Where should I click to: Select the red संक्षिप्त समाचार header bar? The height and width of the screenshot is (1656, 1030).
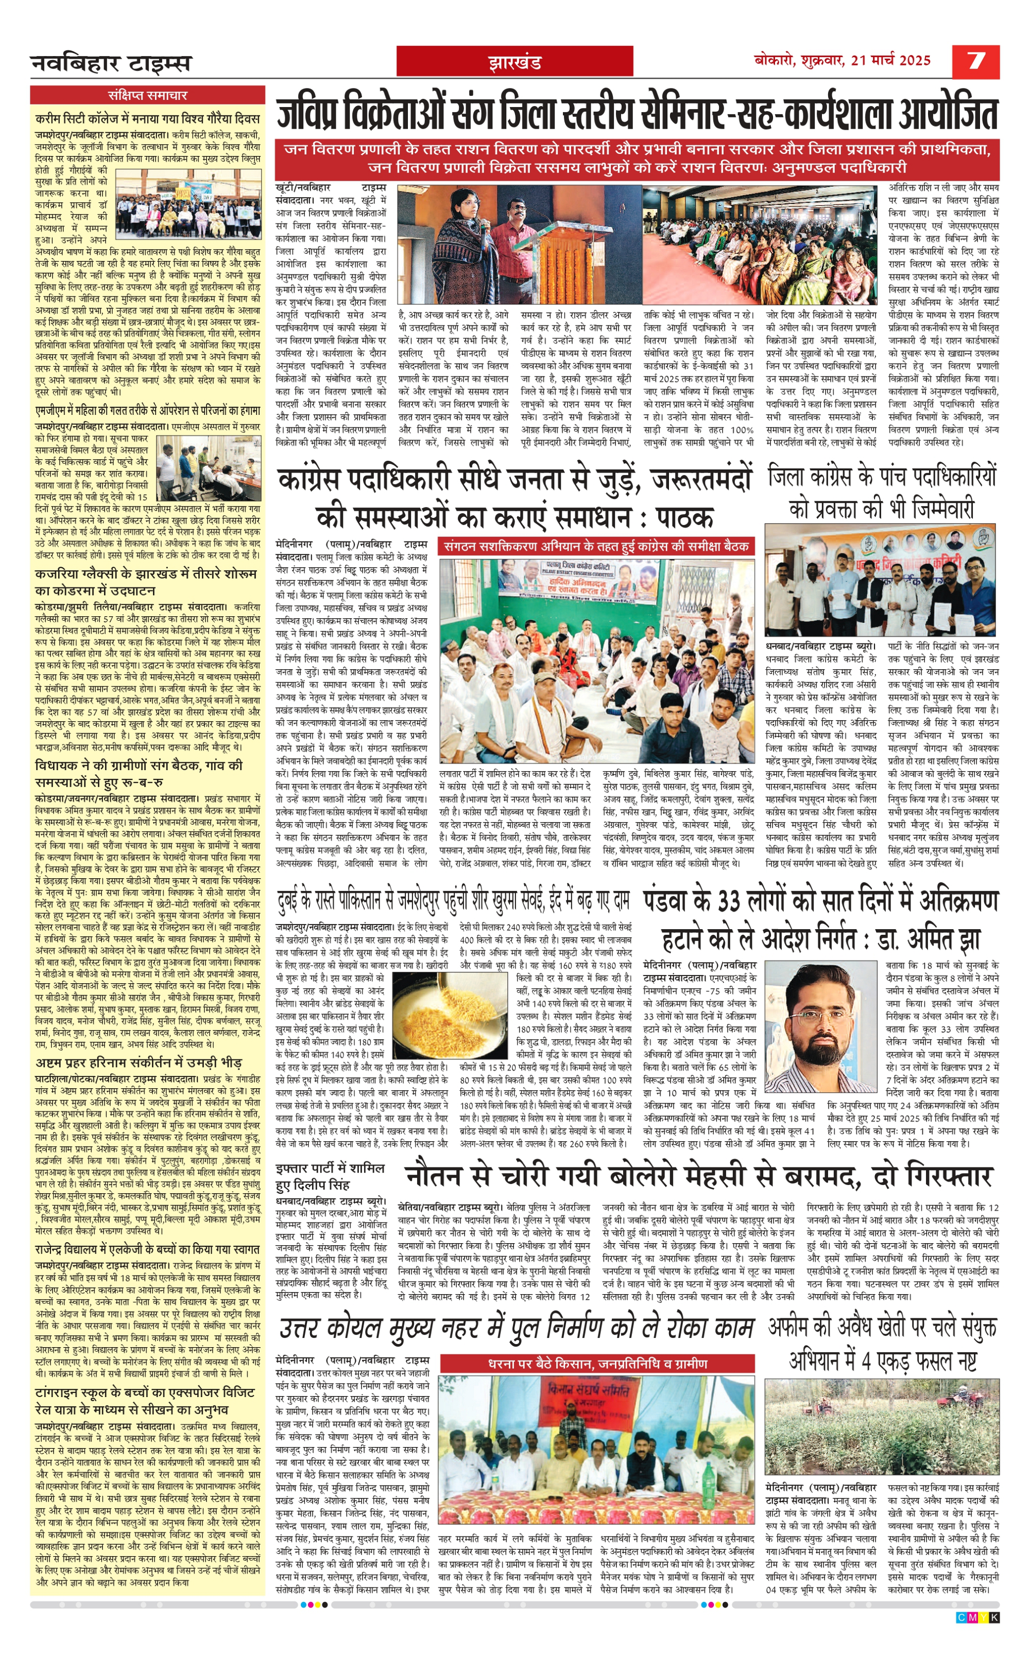pyautogui.click(x=147, y=95)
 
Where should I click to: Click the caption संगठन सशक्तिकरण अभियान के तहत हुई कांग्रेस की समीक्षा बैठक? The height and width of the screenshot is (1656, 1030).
pyautogui.click(x=596, y=546)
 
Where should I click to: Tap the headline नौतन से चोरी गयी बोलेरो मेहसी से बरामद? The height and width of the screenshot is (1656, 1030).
pyautogui.click(x=697, y=1176)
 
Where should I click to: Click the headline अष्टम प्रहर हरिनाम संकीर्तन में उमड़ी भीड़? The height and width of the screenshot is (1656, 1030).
pyautogui.click(x=139, y=1063)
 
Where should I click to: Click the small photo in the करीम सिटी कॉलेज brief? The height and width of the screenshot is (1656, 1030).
pyautogui.click(x=188, y=203)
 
